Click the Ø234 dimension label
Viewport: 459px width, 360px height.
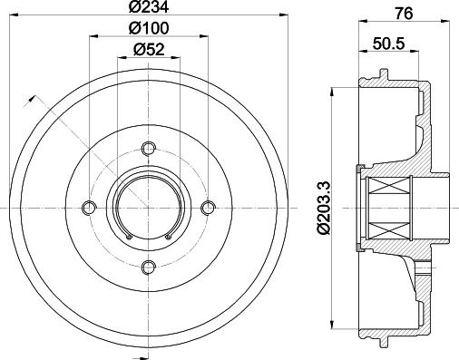tap(149, 7)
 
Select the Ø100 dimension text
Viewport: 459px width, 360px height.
tap(149, 29)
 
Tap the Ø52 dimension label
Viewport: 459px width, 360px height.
tap(149, 50)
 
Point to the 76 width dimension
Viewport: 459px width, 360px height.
tap(404, 14)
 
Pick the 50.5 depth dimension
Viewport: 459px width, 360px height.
tap(388, 44)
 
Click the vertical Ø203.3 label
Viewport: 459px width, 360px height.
tap(324, 208)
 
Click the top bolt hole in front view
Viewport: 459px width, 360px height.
tap(149, 149)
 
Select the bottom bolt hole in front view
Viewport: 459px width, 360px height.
tap(149, 267)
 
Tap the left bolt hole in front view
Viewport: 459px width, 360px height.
tap(89, 208)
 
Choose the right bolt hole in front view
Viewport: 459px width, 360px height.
tap(208, 208)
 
